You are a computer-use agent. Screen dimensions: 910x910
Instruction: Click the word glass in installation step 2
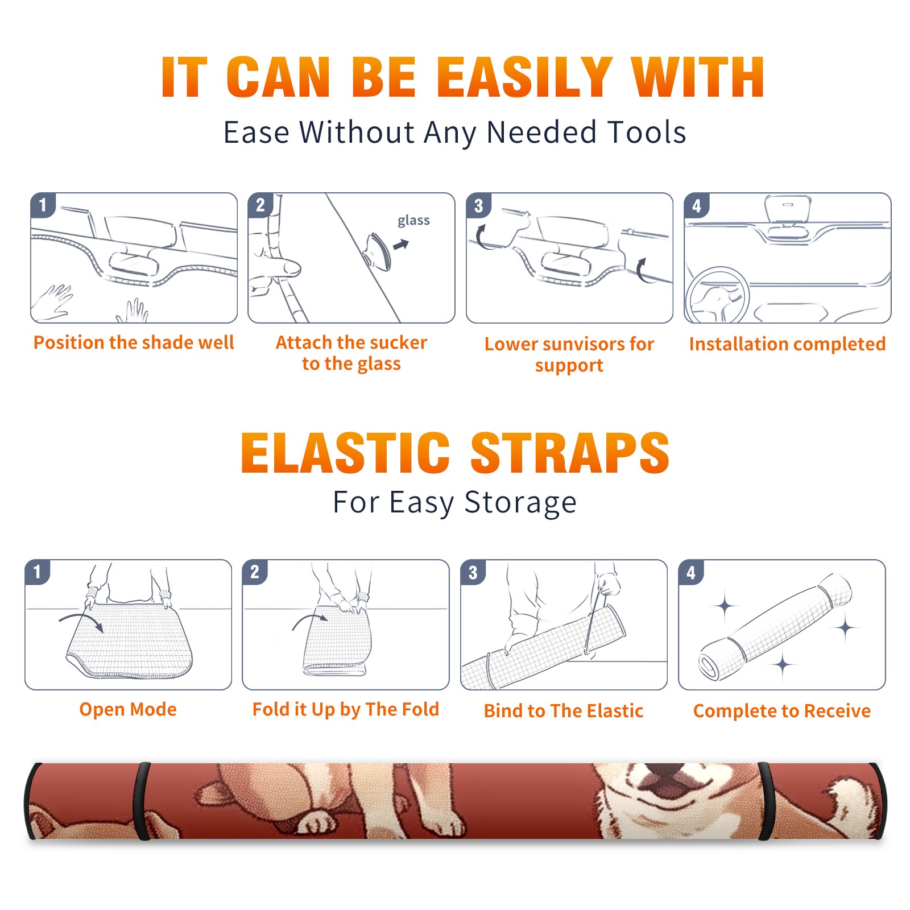pos(413,221)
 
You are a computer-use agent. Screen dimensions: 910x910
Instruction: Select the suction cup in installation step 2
pos(379,250)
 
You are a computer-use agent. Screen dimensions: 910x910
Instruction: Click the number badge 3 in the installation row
pos(478,205)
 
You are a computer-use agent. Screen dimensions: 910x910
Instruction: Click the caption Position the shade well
pos(134,342)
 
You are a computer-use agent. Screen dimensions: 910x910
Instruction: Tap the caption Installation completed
pos(787,344)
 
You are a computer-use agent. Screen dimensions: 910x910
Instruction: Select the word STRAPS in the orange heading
pos(570,453)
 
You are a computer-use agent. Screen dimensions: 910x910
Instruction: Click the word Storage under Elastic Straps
pos(520,503)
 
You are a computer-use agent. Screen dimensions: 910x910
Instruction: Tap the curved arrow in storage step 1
pos(82,621)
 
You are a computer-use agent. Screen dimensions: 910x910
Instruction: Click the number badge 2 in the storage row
pos(255,572)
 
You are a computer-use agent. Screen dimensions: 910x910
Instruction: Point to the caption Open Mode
pos(128,709)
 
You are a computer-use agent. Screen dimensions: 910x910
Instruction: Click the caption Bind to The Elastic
pos(564,711)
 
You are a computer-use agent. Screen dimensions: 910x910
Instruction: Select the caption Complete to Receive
pos(782,711)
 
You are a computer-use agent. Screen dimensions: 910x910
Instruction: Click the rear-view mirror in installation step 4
pos(788,209)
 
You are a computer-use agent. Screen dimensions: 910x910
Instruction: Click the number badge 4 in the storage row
pos(691,572)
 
